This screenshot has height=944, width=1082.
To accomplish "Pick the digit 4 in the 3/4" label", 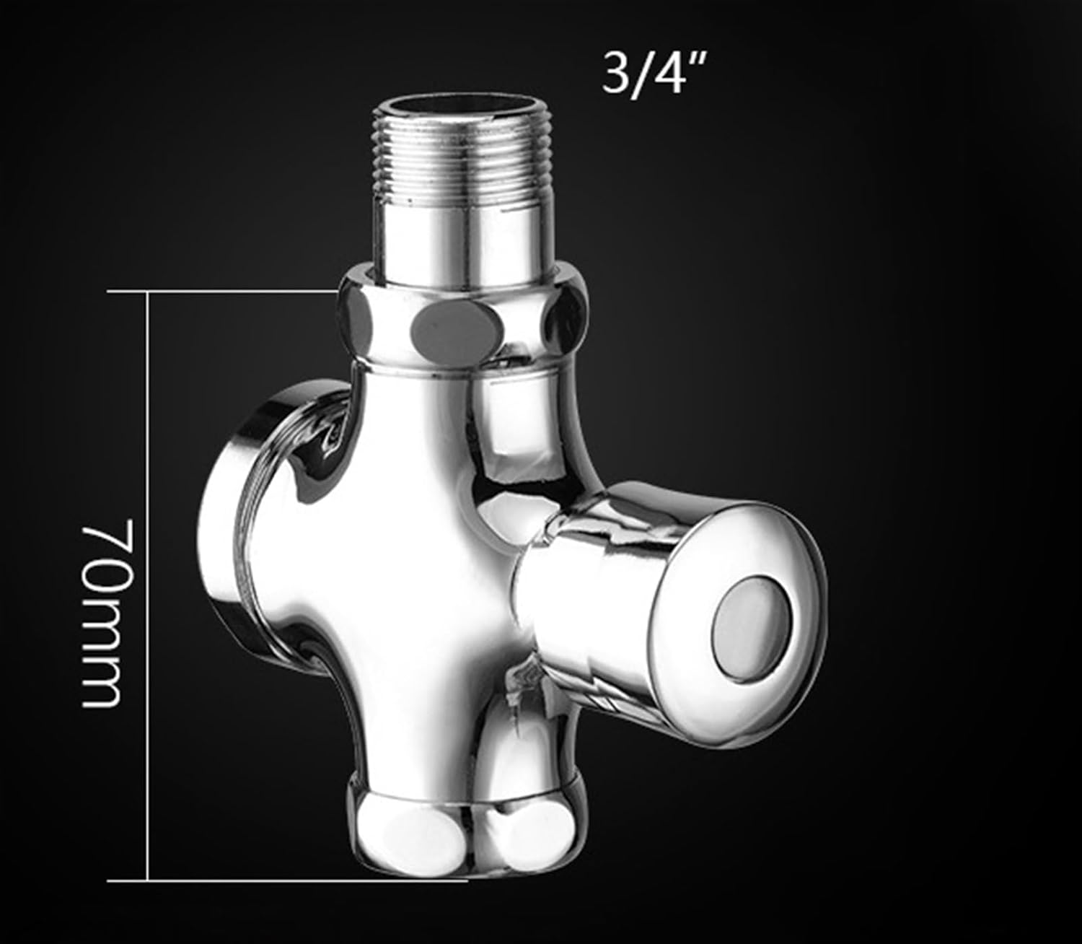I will coord(668,75).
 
